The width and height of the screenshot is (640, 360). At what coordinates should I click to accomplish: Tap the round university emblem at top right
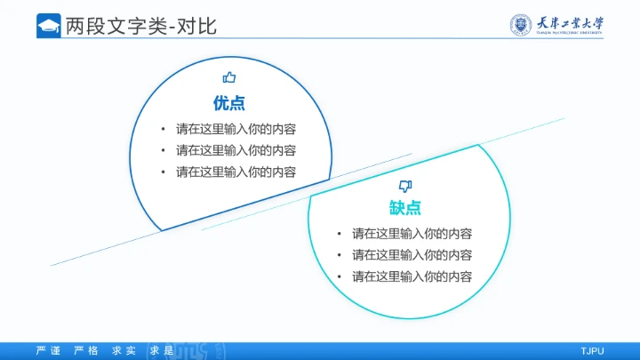(x=523, y=25)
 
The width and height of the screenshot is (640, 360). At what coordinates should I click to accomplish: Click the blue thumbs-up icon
(x=228, y=78)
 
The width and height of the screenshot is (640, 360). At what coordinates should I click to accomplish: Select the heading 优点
(x=228, y=101)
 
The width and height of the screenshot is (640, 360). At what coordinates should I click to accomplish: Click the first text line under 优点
(x=236, y=128)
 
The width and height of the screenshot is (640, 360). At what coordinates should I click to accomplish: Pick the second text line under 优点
(x=236, y=150)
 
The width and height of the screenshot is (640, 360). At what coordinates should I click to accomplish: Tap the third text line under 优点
(x=236, y=172)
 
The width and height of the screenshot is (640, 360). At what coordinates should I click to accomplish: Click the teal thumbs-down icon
(x=405, y=186)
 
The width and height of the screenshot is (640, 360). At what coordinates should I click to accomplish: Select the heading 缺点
(x=404, y=208)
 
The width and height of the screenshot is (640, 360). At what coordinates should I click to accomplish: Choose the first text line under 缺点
(x=412, y=234)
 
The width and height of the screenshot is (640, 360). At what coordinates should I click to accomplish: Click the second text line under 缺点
(x=412, y=255)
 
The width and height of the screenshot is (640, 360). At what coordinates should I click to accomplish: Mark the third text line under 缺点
(x=412, y=276)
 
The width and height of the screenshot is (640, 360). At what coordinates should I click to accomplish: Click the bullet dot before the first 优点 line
(x=163, y=128)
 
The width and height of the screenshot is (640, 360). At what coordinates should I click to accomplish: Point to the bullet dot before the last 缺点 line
(x=339, y=276)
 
